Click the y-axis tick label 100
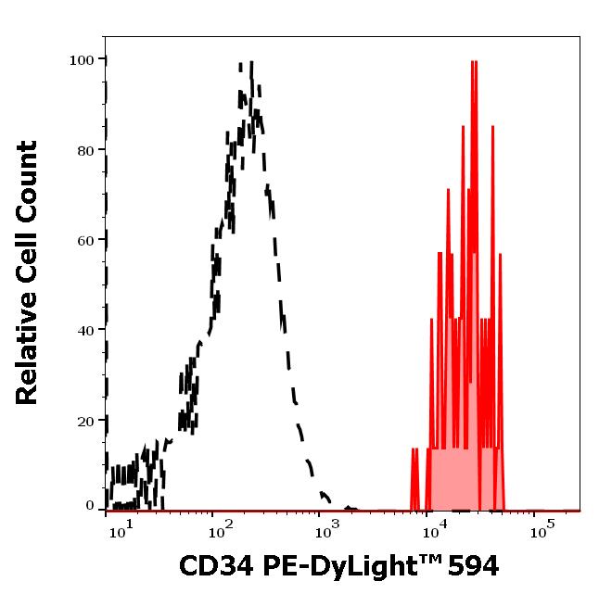tap(83, 60)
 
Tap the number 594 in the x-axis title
tap(471, 564)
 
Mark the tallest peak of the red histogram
tap(474, 63)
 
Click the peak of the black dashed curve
tap(250, 65)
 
